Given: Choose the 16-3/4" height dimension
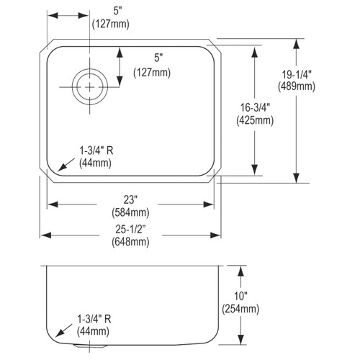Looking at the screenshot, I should tap(255, 109).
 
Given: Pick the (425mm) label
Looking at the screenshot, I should tap(255, 120).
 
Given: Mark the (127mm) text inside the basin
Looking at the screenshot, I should tap(152, 72).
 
